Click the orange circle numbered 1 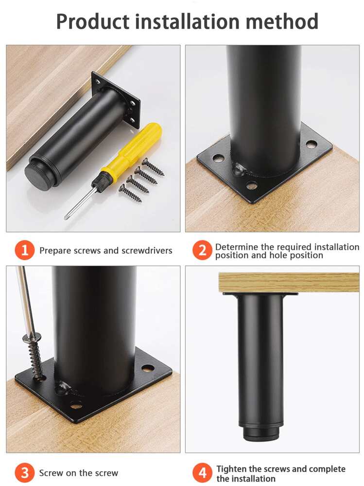(x=24, y=250)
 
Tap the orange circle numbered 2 (x=202, y=250)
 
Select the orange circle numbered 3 (x=24, y=472)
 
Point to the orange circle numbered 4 (x=202, y=472)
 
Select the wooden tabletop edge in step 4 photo (x=289, y=282)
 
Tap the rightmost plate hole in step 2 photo (x=311, y=144)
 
